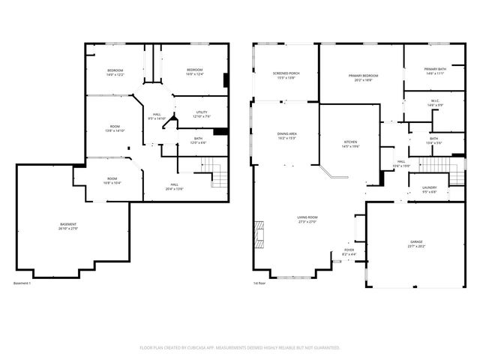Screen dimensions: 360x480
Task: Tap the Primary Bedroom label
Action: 363,78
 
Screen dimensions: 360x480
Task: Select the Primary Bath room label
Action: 435,71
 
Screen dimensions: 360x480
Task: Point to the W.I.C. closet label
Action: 435,103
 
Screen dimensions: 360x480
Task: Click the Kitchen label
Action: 349,144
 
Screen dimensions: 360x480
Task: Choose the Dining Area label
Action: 287,136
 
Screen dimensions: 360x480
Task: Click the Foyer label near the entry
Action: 349,252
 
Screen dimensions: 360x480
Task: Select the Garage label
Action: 416,244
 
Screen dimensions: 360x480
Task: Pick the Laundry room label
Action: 430,190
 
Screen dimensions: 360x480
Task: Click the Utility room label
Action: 202,114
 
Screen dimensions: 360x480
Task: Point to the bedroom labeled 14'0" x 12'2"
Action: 115,73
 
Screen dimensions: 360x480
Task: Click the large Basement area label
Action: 68,226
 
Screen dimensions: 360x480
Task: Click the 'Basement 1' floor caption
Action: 22,283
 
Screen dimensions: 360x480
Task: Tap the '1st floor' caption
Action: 259,283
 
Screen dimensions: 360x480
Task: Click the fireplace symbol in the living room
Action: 259,233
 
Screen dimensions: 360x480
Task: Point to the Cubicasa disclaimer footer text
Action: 240,347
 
